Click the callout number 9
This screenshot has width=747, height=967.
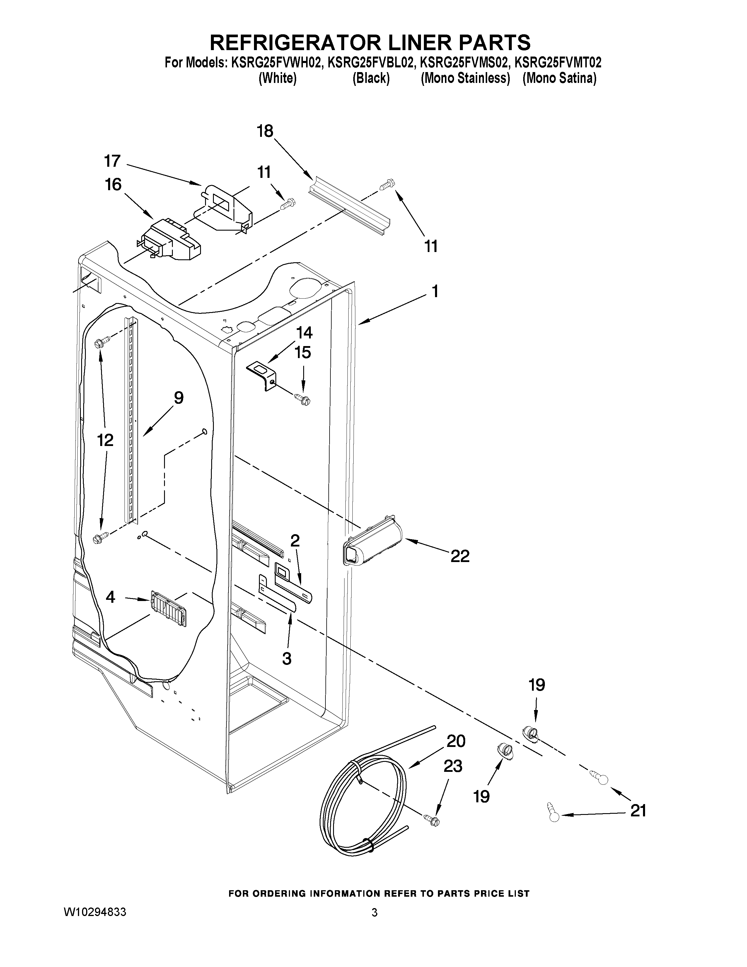178,398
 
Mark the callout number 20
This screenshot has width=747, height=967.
456,741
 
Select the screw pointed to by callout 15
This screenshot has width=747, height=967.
303,399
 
